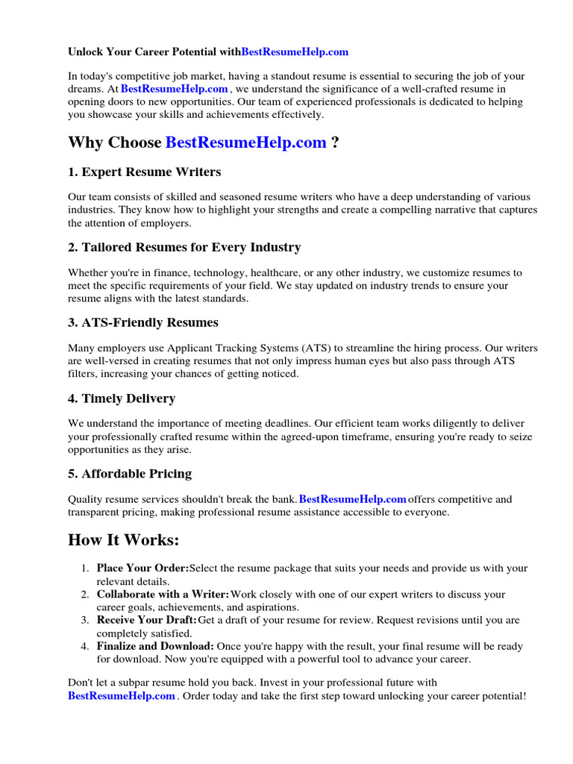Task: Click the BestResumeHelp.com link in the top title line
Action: (295, 52)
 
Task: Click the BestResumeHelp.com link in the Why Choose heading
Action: (245, 143)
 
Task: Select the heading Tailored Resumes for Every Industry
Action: (184, 247)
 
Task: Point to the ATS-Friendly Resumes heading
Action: (143, 322)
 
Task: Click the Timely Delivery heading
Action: (122, 398)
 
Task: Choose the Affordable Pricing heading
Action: (130, 474)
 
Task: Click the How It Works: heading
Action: (124, 539)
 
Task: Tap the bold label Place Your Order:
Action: (143, 569)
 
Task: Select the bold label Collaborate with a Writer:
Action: (163, 595)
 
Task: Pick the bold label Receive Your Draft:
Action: (147, 620)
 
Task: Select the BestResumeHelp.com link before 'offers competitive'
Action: (352, 499)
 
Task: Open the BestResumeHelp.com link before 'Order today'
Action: (122, 696)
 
